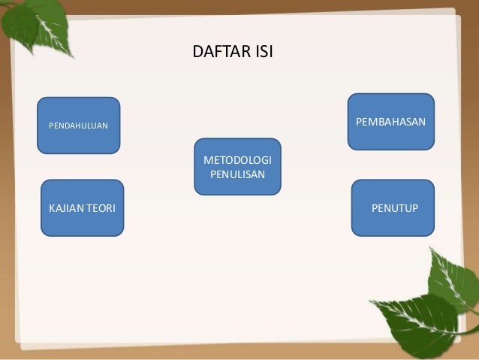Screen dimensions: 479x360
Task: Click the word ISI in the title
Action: (x=264, y=51)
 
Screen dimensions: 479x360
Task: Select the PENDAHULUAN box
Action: (x=79, y=126)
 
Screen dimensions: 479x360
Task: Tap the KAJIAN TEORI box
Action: (x=82, y=208)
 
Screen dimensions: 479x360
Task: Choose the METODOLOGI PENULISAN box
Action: (x=238, y=167)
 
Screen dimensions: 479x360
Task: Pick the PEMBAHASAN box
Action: (x=391, y=122)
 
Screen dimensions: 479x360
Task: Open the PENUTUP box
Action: (x=393, y=208)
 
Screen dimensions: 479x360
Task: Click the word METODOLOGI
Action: (x=238, y=160)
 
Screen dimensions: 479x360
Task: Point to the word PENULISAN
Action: (x=238, y=174)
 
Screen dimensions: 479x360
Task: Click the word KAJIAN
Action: (x=65, y=208)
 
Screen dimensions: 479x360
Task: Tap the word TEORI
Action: (x=100, y=208)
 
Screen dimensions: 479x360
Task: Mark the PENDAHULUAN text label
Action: (x=79, y=126)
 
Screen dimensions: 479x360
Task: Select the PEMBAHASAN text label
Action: (x=390, y=122)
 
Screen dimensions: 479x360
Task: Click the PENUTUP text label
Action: (x=395, y=208)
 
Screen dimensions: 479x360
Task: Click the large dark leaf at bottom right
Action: (x=418, y=324)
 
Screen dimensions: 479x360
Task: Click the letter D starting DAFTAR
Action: (x=198, y=51)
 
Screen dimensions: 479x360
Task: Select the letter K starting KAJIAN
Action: (x=53, y=208)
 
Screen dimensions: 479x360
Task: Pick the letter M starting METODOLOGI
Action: (x=208, y=160)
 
